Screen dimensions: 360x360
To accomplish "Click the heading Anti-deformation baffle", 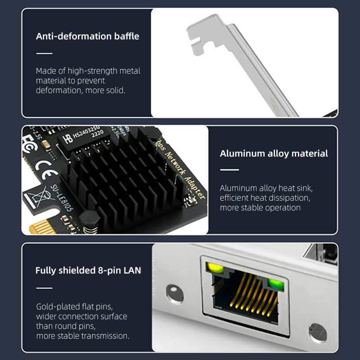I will click(x=87, y=36).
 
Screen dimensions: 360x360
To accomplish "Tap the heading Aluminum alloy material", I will click(x=274, y=153).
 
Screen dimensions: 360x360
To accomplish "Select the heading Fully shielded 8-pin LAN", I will click(x=88, y=270).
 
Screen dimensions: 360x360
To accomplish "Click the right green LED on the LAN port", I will click(x=274, y=283).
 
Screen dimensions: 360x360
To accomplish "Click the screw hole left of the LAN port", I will click(x=174, y=293).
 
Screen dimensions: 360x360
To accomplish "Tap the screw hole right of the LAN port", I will click(x=317, y=332).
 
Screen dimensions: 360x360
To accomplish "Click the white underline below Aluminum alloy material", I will click(x=229, y=170).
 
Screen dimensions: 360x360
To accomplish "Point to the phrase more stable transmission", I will click(x=82, y=336).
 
